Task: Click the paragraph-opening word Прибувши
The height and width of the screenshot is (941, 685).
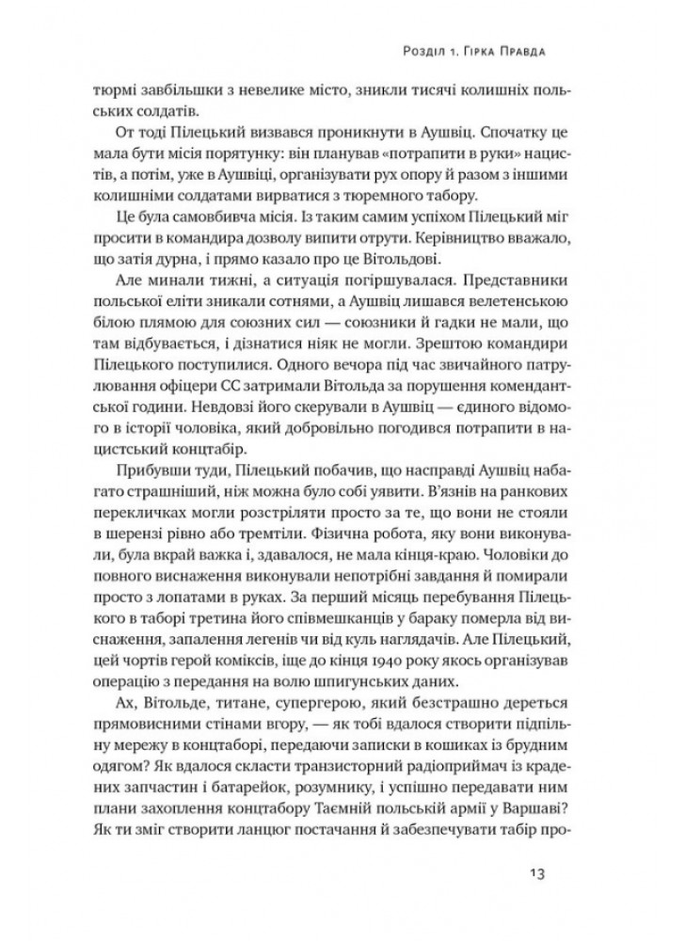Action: [160, 470]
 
